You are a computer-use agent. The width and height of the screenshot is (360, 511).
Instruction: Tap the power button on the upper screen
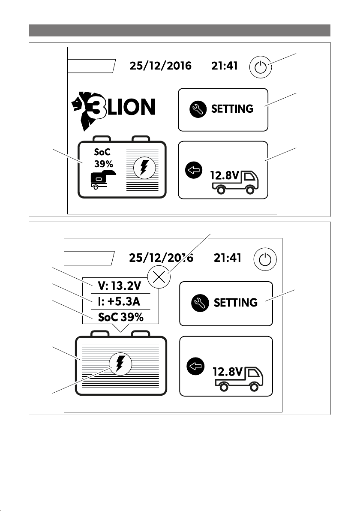coord(260,67)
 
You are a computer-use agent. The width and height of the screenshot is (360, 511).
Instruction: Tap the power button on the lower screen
coord(265,259)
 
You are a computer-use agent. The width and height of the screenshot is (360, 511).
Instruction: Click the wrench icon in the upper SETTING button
coord(198,109)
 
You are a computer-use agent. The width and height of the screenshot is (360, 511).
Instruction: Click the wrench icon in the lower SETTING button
coord(200,303)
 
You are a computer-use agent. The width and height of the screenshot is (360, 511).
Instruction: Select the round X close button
coord(159,277)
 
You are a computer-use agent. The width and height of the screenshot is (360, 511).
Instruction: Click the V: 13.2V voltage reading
coord(120,286)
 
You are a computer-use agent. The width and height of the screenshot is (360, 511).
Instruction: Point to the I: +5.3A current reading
coord(119,301)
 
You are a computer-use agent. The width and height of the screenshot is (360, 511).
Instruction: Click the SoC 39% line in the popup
coord(120,317)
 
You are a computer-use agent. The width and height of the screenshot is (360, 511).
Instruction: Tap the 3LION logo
coord(113,109)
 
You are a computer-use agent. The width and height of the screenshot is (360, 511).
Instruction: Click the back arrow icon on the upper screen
coord(194,170)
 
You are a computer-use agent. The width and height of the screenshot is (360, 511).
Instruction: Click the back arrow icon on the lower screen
coord(195,366)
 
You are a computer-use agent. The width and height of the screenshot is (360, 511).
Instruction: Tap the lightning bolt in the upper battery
coord(143,168)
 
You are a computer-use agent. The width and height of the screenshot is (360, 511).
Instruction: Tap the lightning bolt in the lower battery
coord(120,364)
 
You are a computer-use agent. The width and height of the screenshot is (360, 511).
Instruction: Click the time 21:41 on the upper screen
coord(225,66)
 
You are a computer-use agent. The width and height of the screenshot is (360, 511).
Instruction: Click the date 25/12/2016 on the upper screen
coord(161,66)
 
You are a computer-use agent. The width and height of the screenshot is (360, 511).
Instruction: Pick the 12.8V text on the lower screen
coord(228,372)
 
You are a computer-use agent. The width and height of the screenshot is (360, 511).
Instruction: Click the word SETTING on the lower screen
coord(236,303)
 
